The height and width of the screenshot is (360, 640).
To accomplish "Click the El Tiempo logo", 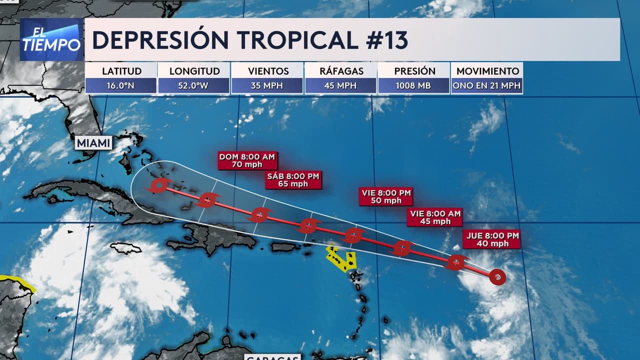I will tap(51, 39).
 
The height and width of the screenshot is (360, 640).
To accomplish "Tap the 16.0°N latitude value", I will tap(120, 85).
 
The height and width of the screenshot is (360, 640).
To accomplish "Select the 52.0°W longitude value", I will tap(193, 85).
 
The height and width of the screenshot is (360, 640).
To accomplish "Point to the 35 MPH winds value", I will tap(267, 85).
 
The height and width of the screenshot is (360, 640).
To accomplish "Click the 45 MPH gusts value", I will tap(340, 85).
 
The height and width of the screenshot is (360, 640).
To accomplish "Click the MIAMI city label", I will tap(93, 143).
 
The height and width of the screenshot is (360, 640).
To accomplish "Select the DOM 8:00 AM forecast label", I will tap(247, 160).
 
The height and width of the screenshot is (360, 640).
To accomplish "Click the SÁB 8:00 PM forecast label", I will tap(293, 179).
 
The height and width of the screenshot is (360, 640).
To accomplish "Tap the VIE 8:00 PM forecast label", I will tap(386, 196).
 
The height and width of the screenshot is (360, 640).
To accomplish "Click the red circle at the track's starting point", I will tap(497, 276).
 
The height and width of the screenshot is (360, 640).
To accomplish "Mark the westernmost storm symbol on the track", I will tap(159, 186).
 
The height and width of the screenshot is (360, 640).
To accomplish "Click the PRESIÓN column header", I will tap(414, 71).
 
